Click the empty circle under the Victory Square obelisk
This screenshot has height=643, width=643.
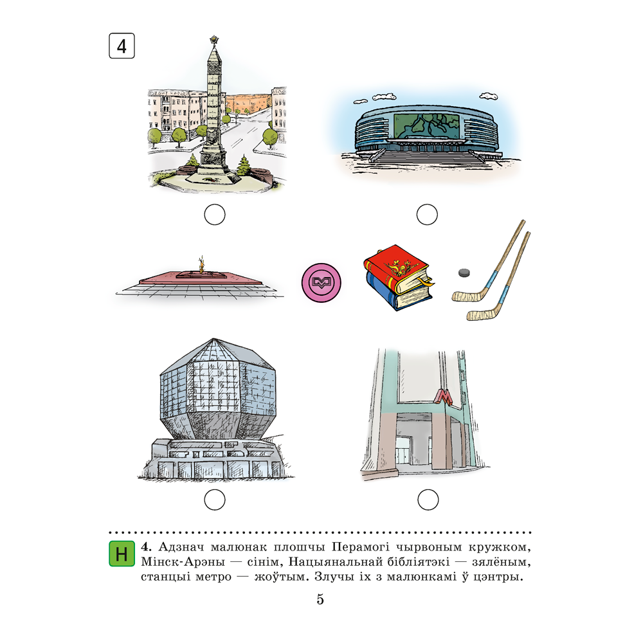[215, 215]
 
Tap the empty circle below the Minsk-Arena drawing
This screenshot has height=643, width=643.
[427, 215]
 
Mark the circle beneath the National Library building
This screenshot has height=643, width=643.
[215, 500]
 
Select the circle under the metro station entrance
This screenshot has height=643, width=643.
[428, 500]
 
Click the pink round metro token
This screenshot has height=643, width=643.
[321, 282]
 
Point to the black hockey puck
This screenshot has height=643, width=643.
[464, 272]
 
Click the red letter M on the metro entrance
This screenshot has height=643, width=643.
[444, 397]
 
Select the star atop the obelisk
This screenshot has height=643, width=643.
[213, 40]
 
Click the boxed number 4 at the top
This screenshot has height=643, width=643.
[122, 46]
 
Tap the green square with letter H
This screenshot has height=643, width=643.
[122, 554]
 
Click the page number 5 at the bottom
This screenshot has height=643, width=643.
[320, 599]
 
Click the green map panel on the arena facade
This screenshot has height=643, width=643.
[426, 125]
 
